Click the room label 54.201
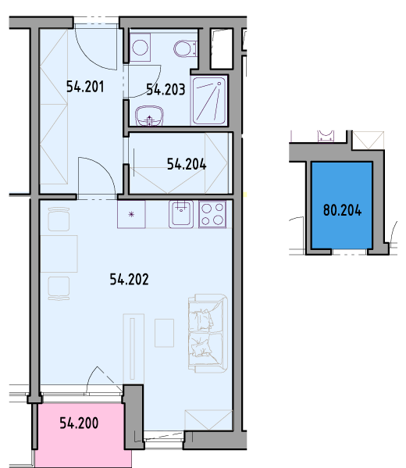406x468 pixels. (85, 87)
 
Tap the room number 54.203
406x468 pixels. (166, 89)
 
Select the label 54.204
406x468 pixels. (187, 164)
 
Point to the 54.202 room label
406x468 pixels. (129, 280)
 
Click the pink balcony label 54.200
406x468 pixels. (79, 423)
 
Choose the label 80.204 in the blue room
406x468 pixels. (343, 210)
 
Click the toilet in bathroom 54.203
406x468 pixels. (185, 48)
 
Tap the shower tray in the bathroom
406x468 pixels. (208, 101)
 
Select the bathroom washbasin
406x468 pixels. (149, 116)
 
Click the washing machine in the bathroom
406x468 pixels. (140, 47)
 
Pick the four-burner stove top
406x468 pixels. (212, 214)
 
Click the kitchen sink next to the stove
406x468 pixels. (181, 214)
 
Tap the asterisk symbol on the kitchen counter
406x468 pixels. (131, 214)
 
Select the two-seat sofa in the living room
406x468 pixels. (208, 334)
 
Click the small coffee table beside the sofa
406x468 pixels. (164, 333)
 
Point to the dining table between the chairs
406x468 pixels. (59, 254)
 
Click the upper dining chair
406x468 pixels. (59, 220)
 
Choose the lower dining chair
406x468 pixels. (59, 288)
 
